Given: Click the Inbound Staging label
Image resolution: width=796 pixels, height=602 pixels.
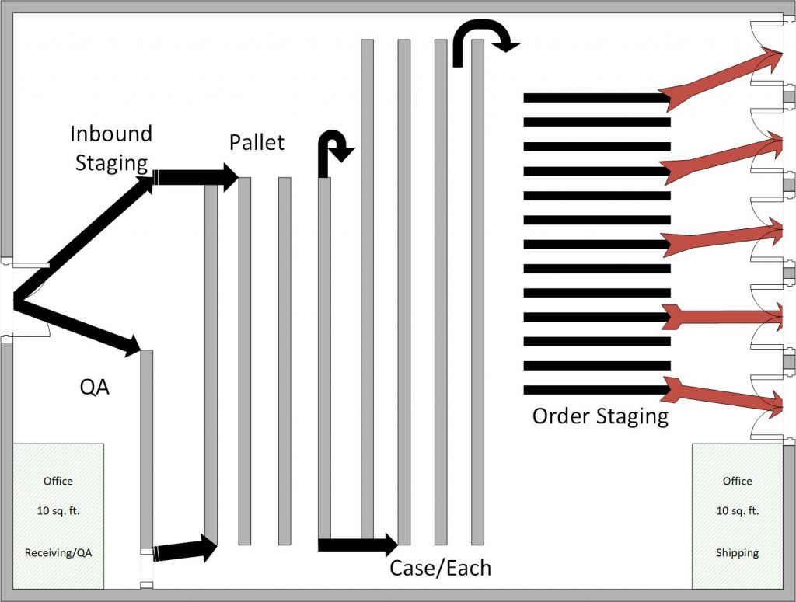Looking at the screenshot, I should [110, 148].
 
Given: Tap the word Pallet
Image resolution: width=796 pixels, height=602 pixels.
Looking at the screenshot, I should [257, 143].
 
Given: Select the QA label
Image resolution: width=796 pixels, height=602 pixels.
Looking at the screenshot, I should [95, 386].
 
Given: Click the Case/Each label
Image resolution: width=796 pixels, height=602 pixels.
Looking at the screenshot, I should [440, 568].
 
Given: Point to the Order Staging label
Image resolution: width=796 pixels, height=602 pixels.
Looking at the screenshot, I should [599, 416].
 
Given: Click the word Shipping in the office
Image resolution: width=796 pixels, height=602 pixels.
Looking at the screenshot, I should [737, 553].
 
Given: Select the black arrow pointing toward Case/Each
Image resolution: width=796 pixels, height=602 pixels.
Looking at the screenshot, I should [358, 545].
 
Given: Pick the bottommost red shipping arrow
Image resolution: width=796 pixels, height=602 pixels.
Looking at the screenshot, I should [723, 394].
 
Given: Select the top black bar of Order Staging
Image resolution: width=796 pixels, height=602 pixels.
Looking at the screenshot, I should [596, 98].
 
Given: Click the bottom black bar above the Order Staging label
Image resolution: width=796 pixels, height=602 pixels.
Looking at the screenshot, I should [596, 390].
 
